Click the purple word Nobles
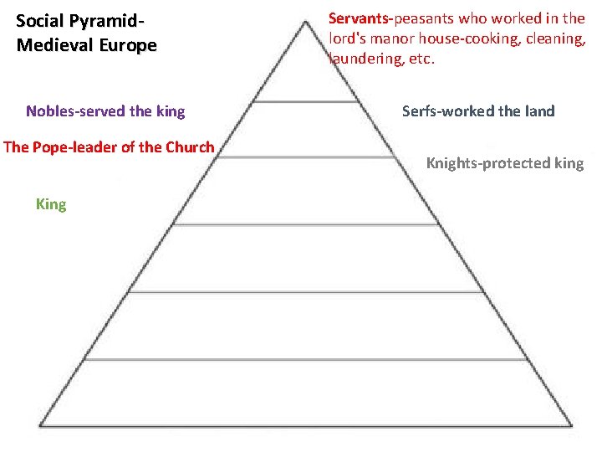49,111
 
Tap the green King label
51,204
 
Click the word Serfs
420,111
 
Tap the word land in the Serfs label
538,111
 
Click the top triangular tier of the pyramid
302,71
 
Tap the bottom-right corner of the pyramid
571,427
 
